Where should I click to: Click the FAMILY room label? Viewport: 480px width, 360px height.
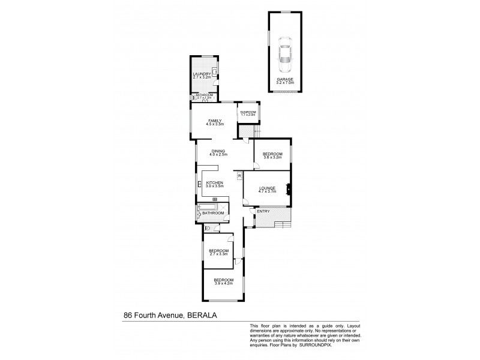215,121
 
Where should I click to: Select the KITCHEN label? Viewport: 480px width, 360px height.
215,182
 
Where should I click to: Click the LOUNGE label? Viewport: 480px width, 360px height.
267,188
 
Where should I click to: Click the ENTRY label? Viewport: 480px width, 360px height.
263,211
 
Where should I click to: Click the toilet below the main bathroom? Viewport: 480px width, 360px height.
206,228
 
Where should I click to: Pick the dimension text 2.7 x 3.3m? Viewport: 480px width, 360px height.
218,254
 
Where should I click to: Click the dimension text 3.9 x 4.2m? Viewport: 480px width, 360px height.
223,283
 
